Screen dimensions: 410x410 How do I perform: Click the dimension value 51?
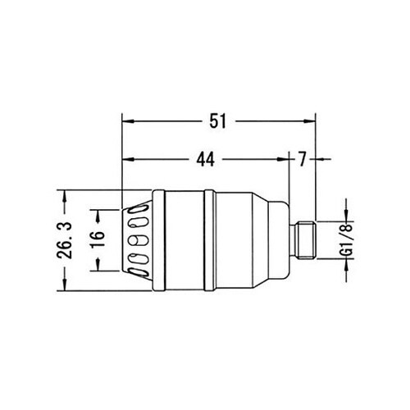tap(217, 121)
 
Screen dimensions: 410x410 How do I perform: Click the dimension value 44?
tap(207, 160)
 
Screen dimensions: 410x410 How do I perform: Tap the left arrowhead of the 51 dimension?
tap(126, 121)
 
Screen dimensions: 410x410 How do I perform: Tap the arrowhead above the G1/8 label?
tap(344, 215)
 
